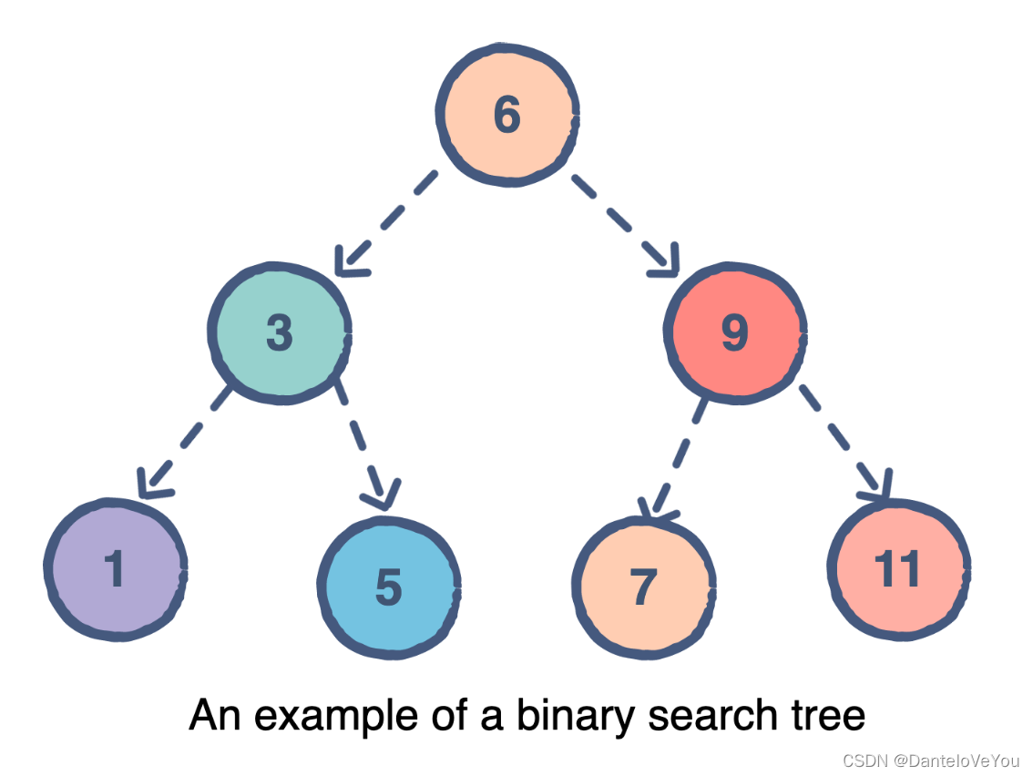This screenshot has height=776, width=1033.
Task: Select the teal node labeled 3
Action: point(280,332)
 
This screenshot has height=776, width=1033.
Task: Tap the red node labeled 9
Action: point(734,332)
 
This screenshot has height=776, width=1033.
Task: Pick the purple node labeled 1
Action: point(115,569)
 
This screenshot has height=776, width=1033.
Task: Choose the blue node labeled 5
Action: point(388,587)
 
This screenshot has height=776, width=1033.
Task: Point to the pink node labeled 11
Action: point(898,568)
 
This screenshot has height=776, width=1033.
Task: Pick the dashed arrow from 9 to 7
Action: point(673,455)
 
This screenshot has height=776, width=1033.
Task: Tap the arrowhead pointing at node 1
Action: point(151,483)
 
